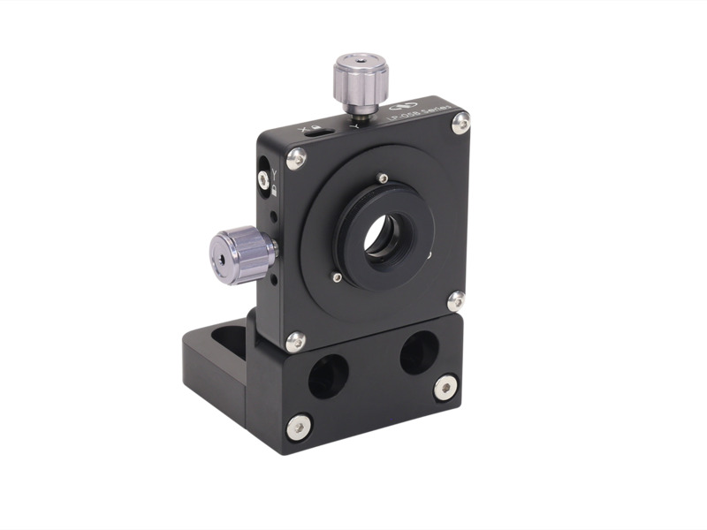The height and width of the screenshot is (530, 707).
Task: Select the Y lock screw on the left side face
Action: pos(263,178)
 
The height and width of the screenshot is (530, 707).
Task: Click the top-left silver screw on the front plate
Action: pos(298,158)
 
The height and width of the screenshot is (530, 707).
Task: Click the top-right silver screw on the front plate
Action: pos(460,123)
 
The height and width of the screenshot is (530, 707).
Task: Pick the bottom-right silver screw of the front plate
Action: pos(456,301)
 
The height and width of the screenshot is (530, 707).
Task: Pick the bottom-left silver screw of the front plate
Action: pos(296,341)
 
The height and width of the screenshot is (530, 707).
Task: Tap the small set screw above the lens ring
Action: pos(382,177)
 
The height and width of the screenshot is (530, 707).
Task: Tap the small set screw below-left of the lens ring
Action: pos(337,278)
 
